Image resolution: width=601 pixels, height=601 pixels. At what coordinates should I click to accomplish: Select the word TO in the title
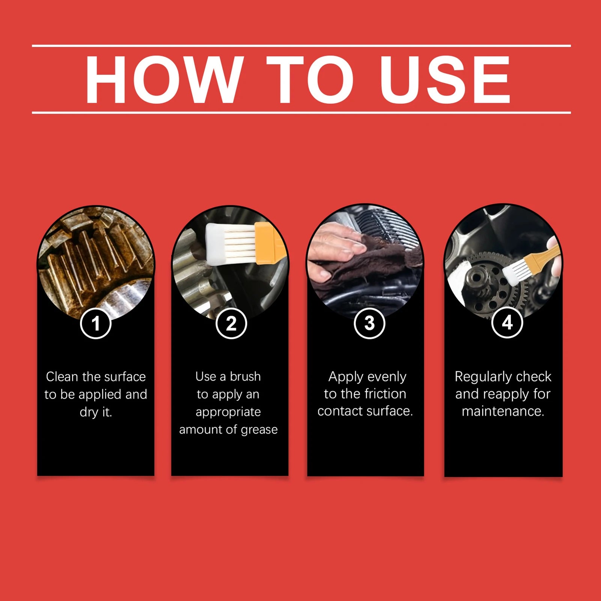[310, 79]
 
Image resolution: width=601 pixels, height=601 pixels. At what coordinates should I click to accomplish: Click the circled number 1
[96, 323]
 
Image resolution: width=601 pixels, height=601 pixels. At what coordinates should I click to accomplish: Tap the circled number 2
[231, 323]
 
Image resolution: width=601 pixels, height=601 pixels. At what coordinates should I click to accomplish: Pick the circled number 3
[369, 323]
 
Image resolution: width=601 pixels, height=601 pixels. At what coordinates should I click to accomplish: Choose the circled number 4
[507, 322]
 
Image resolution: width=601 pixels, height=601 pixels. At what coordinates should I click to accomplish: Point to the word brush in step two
[245, 376]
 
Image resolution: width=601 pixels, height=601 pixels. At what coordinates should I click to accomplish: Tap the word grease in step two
[259, 430]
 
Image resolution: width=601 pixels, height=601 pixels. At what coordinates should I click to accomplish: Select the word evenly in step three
[387, 377]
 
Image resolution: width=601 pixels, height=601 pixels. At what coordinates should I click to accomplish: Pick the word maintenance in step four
[503, 411]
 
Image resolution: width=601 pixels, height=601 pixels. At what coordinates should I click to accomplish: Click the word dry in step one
[89, 413]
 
